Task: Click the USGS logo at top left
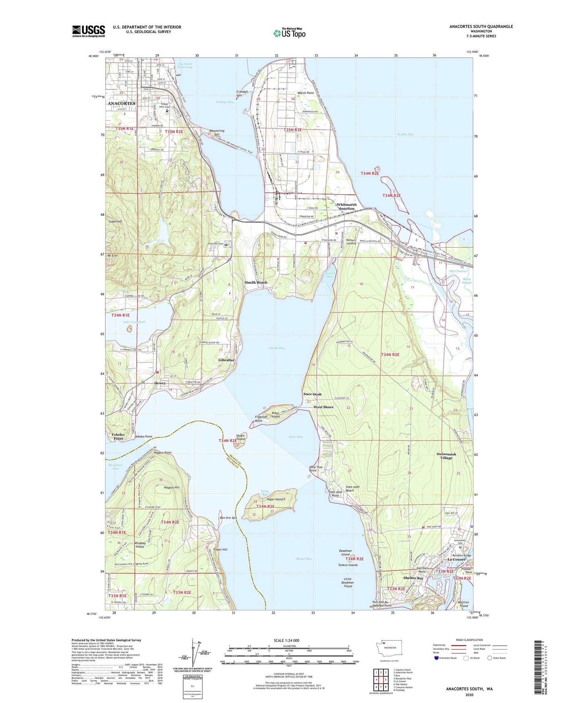[x=88, y=31]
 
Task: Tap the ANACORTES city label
[x=121, y=103]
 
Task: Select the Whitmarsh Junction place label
[x=346, y=206]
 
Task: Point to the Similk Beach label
[x=256, y=282]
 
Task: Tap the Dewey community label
[x=160, y=383]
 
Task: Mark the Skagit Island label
[x=240, y=437]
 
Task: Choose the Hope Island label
[x=275, y=499]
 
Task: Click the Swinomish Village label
[x=446, y=456]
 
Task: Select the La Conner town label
[x=457, y=559]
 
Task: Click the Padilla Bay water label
[x=405, y=134]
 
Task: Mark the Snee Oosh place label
[x=312, y=394]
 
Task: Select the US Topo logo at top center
[x=289, y=33]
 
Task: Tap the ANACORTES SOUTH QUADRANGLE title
[x=481, y=27]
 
